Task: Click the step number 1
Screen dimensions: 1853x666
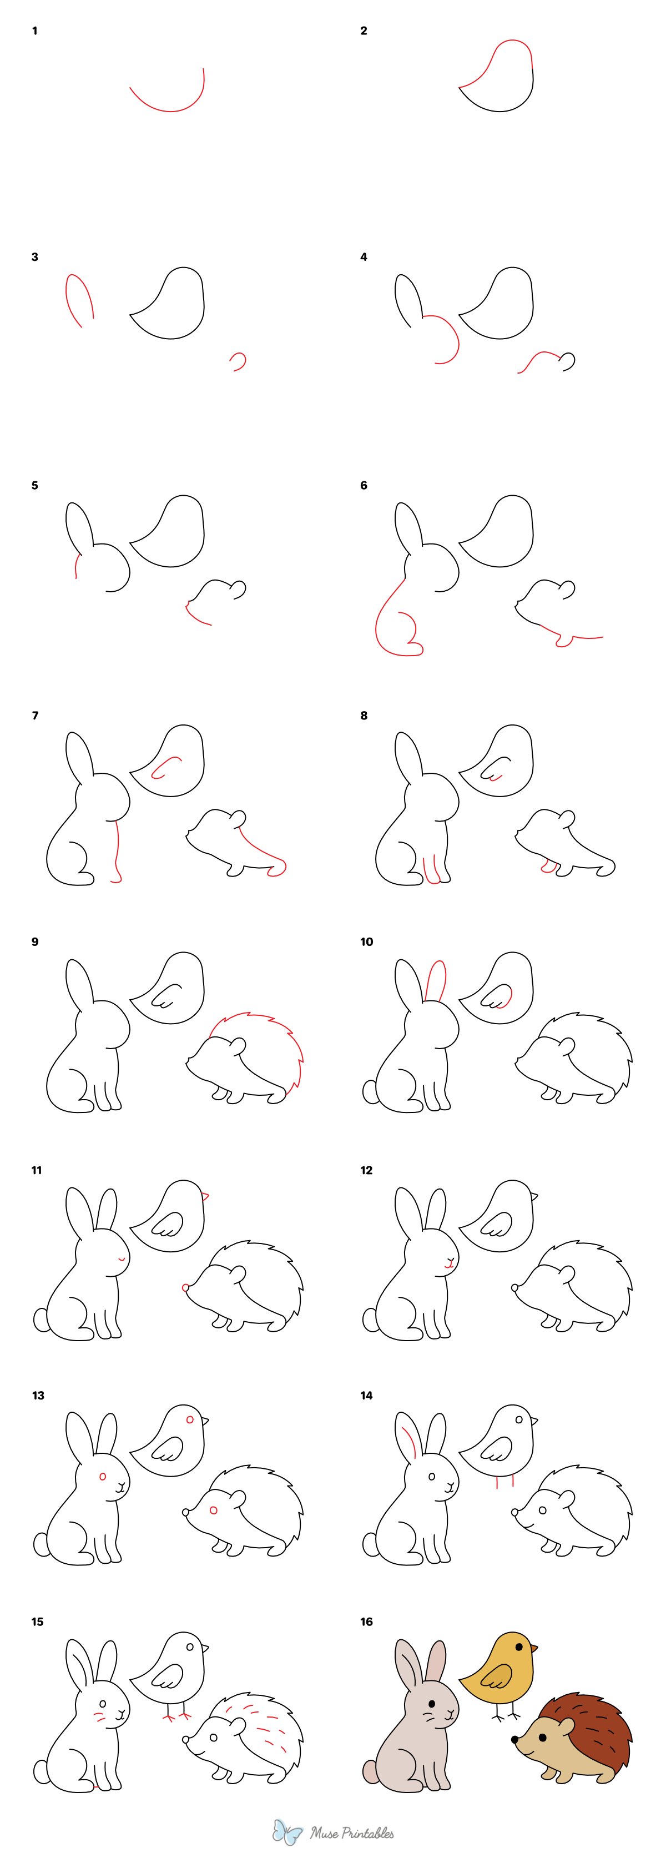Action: (34, 31)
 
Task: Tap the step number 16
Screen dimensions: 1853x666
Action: (366, 1622)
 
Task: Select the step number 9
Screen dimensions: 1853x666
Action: (34, 941)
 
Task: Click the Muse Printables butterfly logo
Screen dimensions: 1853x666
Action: (287, 1831)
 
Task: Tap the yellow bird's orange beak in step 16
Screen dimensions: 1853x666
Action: (534, 1646)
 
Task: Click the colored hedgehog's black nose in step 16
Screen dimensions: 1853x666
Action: (515, 1739)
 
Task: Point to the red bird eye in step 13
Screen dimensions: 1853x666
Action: (190, 1419)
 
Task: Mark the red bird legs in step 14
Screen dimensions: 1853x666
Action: (504, 1481)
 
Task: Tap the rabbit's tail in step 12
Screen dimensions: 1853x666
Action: (370, 1318)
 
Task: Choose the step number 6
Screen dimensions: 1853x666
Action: (363, 486)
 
